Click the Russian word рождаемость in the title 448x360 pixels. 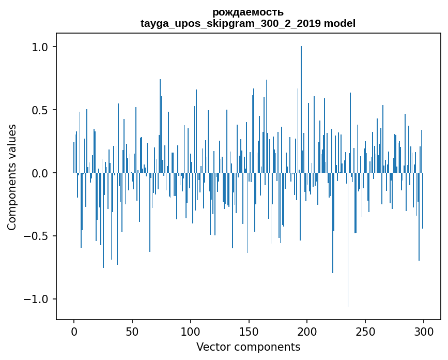248,12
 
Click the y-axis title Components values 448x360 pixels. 12,177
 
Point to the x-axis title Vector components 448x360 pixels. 248,347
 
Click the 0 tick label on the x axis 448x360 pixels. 74,332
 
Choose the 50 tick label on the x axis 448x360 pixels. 132,332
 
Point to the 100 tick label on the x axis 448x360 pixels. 191,332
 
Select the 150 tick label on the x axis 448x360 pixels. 249,332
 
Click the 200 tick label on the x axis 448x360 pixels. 307,332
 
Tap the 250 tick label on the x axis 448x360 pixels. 366,332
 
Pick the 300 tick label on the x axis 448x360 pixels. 424,332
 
